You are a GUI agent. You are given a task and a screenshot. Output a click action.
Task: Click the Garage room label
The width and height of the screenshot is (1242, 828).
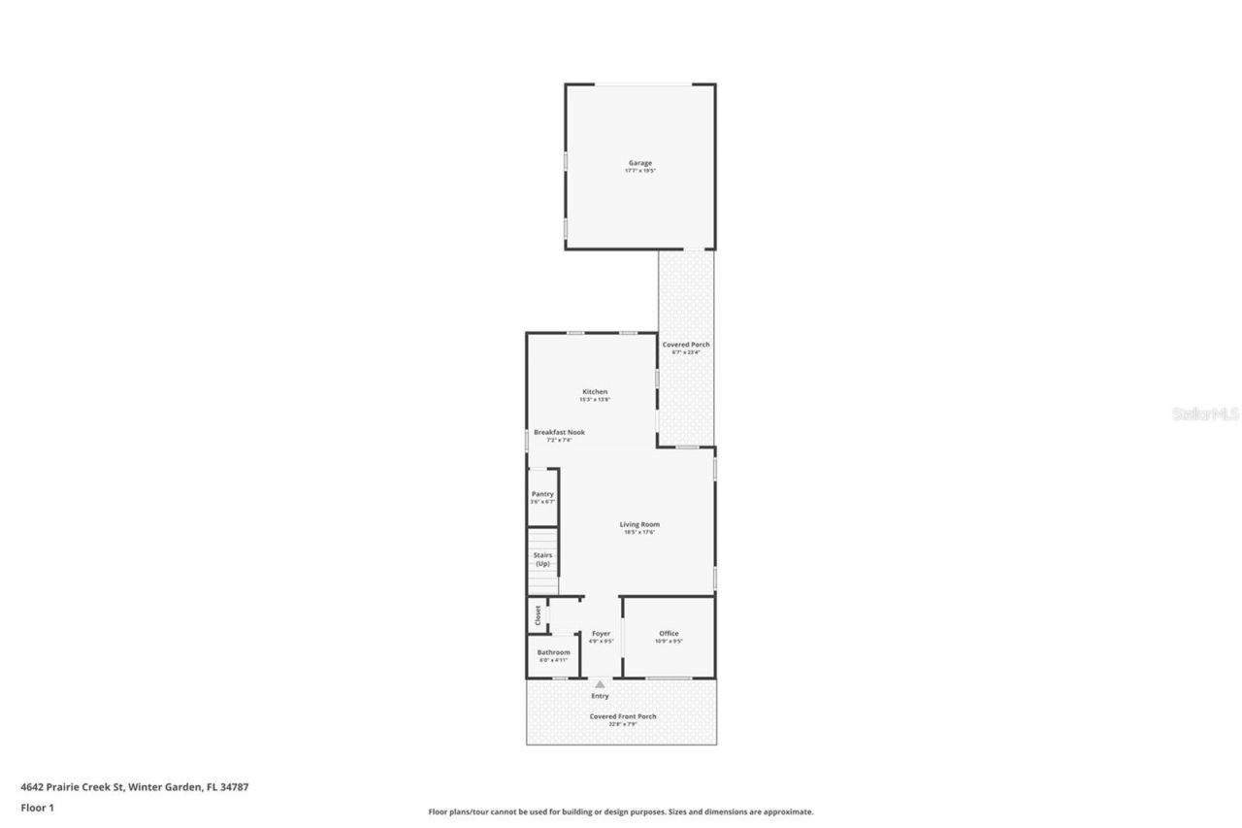[x=639, y=163]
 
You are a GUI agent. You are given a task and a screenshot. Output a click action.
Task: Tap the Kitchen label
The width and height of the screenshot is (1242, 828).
[x=595, y=391]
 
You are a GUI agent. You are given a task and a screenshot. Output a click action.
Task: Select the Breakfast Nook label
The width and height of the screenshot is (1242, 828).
[x=559, y=432]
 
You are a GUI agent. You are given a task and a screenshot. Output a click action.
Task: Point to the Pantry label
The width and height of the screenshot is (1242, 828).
[x=542, y=494]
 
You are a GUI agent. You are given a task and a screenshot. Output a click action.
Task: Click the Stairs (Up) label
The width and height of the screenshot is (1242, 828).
[x=542, y=559]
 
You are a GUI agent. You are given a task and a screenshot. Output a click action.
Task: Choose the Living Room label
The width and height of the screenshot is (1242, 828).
[x=639, y=524]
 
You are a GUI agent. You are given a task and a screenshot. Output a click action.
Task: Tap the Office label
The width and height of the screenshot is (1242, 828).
[x=669, y=633]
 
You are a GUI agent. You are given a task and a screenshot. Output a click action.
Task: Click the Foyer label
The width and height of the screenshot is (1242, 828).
[x=601, y=633]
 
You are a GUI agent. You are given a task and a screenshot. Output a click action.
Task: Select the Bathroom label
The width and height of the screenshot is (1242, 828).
[x=553, y=652]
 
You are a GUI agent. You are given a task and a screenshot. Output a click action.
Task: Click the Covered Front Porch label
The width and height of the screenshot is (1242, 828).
[x=623, y=716]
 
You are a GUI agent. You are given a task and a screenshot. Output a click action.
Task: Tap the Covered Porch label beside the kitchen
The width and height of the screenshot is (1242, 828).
[x=686, y=345]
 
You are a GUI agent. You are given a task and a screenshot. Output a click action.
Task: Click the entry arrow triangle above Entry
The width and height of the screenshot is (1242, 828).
[x=600, y=684]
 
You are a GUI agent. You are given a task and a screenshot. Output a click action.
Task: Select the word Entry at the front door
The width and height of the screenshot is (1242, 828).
[x=600, y=696]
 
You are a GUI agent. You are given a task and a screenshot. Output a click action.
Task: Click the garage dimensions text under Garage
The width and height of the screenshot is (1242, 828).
[x=639, y=171]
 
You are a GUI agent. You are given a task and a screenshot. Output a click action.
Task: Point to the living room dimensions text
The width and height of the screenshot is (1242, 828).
[x=639, y=532]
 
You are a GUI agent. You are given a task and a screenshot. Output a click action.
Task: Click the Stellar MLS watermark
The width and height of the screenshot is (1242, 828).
[x=1205, y=414]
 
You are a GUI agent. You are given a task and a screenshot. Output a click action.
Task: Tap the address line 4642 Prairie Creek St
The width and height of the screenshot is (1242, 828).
[x=135, y=787]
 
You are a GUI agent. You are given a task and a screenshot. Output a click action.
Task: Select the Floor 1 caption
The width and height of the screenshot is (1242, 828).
[x=37, y=807]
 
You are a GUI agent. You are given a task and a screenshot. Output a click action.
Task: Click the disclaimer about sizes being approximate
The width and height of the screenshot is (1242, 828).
[x=621, y=811]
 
